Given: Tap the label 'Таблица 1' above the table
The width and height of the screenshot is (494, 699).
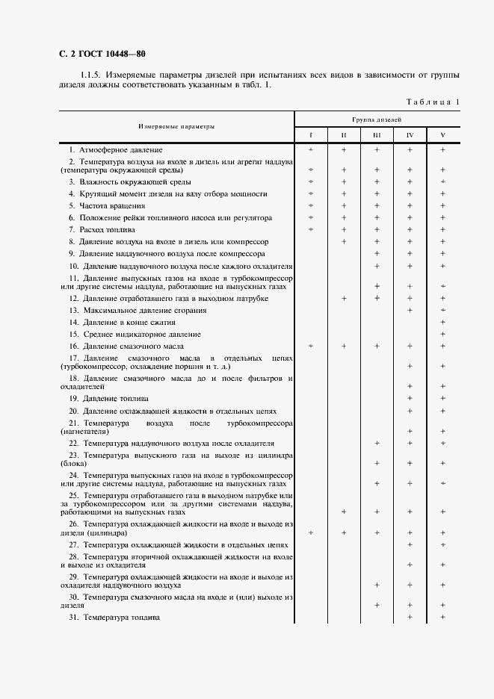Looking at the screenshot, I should pyautogui.click(x=433, y=102).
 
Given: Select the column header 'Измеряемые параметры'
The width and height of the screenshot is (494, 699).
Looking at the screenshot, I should pyautogui.click(x=176, y=127).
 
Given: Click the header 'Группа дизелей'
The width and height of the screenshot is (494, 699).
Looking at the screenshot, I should pyautogui.click(x=377, y=119).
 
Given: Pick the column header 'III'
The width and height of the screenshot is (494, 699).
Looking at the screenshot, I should pyautogui.click(x=377, y=135).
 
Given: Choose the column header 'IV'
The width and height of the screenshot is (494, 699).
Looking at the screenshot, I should pyautogui.click(x=410, y=135).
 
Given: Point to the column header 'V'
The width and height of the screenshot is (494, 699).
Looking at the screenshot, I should pyautogui.click(x=443, y=135).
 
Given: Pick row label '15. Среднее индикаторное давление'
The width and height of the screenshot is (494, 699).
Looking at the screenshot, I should pyautogui.click(x=135, y=335).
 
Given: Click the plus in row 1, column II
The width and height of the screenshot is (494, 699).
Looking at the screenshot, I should pyautogui.click(x=344, y=150).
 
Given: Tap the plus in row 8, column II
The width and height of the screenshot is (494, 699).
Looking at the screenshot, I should pyautogui.click(x=344, y=241).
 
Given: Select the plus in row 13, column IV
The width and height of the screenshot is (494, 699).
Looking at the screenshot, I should pyautogui.click(x=410, y=310).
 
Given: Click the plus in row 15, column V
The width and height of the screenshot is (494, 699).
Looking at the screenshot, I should pyautogui.click(x=443, y=335).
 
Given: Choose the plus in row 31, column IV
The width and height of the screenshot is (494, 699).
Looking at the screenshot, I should pyautogui.click(x=410, y=618).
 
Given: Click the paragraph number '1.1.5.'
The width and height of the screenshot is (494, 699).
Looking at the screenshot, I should pyautogui.click(x=91, y=75).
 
